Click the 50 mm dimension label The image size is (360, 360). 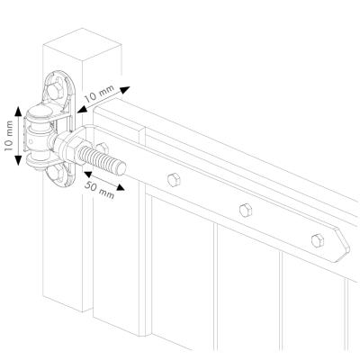[x=99, y=190]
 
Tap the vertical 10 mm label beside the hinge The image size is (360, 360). [x=9, y=136]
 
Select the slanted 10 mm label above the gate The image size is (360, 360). [x=99, y=93]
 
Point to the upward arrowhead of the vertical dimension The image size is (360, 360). [x=18, y=111]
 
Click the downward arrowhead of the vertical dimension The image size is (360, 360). [x=18, y=160]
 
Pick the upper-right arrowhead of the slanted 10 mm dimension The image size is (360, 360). [x=125, y=90]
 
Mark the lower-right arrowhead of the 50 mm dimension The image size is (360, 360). [x=121, y=187]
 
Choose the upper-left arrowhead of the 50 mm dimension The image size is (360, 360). [x=88, y=174]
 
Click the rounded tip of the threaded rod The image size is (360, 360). [x=121, y=168]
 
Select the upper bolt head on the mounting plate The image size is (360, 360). [x=55, y=90]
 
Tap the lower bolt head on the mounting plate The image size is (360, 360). [x=56, y=174]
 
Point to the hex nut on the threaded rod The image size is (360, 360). [x=71, y=149]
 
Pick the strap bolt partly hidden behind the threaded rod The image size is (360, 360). [x=103, y=148]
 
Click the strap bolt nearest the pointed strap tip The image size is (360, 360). [x=318, y=240]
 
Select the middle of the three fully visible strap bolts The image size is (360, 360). [x=246, y=210]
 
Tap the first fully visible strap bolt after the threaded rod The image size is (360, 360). [x=174, y=180]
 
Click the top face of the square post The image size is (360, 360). [x=82, y=44]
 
